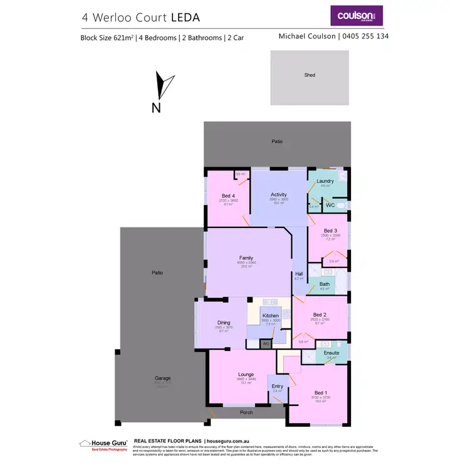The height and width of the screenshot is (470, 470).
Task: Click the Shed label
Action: [x=310, y=75]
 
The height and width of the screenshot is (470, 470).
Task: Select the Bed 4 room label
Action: [x=227, y=196]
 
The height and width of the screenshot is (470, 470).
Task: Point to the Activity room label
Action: [x=279, y=195]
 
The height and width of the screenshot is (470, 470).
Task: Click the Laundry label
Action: [x=325, y=181]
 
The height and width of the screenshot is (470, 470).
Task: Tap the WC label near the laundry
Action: [x=329, y=205]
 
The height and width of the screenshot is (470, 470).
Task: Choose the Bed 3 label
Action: [x=330, y=231]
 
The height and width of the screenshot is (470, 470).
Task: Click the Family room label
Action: [x=246, y=258]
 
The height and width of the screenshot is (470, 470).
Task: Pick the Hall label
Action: [x=299, y=274]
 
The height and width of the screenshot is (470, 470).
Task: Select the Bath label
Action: [x=325, y=284]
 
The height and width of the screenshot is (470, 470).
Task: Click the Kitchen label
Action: [x=271, y=315]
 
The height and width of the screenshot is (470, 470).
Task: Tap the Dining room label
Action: [x=224, y=323]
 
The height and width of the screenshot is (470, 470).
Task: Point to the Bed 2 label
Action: [x=320, y=315]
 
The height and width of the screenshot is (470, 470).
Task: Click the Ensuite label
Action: [x=332, y=353]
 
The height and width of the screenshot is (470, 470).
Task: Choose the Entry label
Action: [x=277, y=386]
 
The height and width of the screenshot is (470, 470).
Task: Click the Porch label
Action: [x=246, y=412]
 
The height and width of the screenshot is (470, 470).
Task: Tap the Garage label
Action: [x=163, y=379]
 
